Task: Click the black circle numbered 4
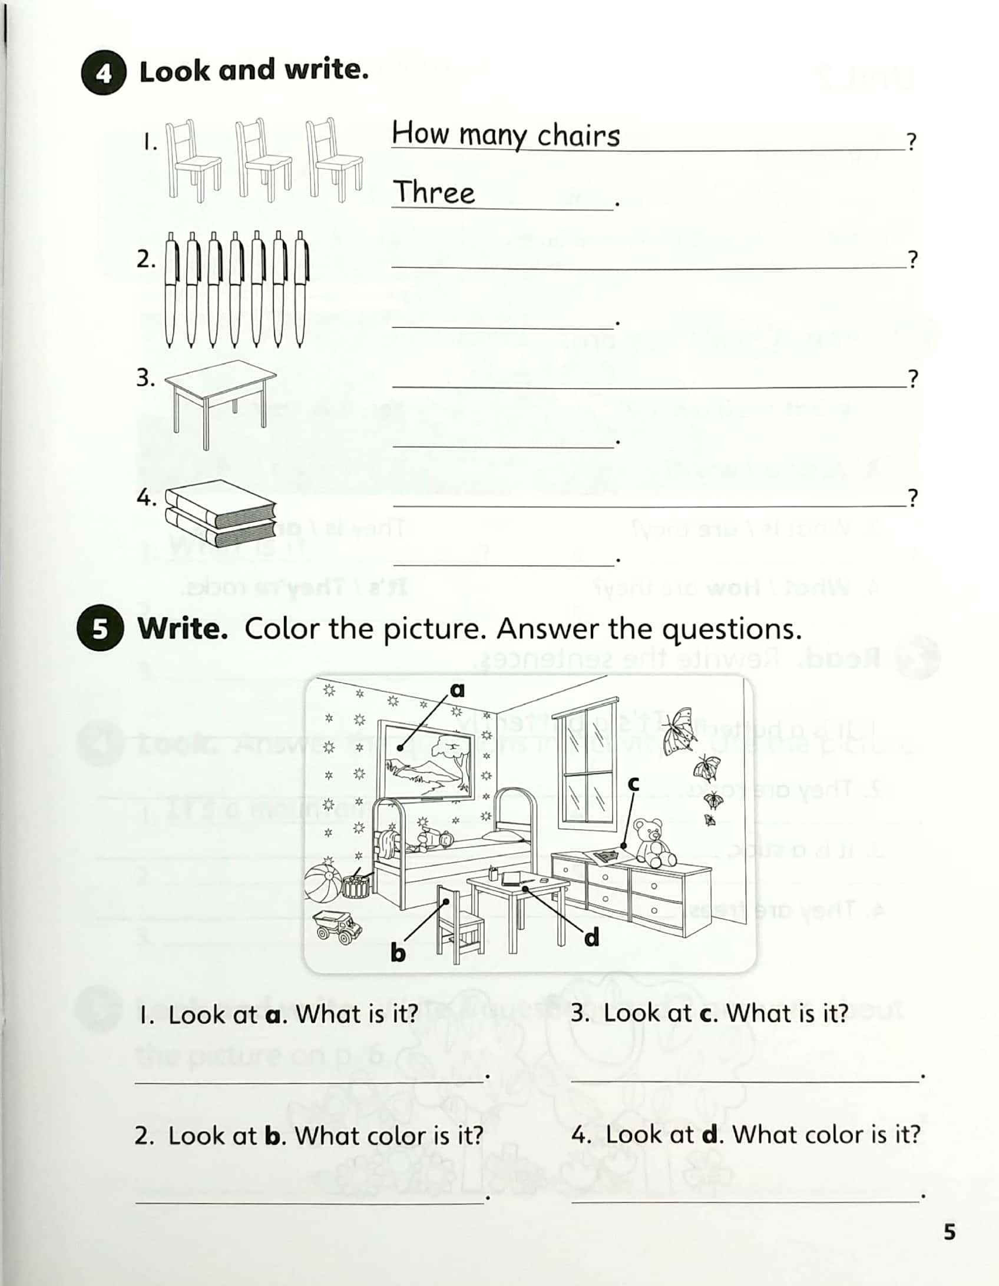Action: click(104, 73)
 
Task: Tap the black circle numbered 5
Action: click(100, 629)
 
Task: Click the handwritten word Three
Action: click(434, 192)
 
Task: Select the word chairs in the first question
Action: click(578, 135)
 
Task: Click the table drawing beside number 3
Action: click(220, 400)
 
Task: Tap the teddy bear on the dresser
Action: click(652, 842)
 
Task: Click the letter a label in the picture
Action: click(457, 690)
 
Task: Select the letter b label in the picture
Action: click(398, 952)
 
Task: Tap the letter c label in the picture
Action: click(633, 783)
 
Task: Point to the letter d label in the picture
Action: click(591, 937)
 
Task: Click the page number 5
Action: click(950, 1232)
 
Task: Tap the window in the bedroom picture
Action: click(587, 760)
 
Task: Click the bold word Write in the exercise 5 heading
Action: click(183, 629)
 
